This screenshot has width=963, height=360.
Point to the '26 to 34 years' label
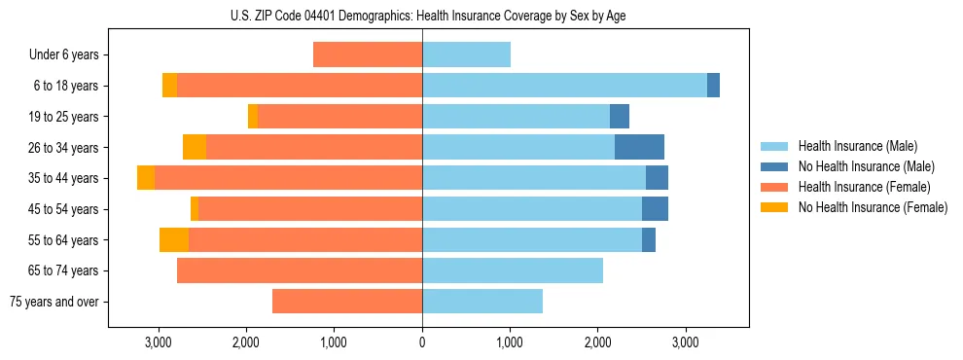(64, 148)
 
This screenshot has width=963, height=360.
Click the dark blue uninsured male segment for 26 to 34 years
(639, 147)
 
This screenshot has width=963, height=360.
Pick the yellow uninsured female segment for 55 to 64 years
(174, 240)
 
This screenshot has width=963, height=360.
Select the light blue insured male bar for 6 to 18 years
(564, 86)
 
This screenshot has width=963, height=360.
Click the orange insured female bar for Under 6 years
(368, 54)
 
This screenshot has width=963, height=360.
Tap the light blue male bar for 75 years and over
(482, 302)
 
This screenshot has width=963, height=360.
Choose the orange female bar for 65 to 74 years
(300, 270)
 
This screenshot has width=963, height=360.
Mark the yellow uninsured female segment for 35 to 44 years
(146, 178)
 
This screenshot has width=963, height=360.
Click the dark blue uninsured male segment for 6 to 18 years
(713, 86)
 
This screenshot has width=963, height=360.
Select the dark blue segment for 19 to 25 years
(620, 117)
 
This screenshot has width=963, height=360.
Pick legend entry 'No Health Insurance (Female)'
(873, 207)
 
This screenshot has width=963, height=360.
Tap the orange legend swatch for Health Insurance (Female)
(774, 187)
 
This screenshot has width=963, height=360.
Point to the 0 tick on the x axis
(422, 342)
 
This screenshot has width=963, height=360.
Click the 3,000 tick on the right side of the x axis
(686, 342)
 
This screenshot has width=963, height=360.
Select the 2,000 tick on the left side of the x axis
(246, 342)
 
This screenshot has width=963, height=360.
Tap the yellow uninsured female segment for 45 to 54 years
(195, 209)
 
